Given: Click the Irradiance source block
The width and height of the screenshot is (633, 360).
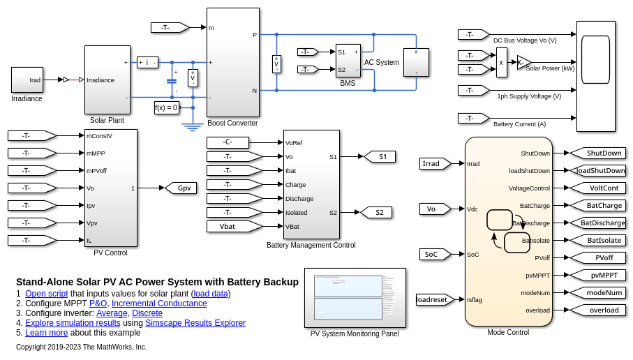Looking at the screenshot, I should pyautogui.click(x=27, y=80).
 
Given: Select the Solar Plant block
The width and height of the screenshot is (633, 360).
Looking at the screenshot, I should pyautogui.click(x=107, y=80).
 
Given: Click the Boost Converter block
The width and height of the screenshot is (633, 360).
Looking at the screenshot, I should pyautogui.click(x=232, y=62).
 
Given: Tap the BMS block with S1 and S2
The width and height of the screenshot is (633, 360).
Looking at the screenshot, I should pyautogui.click(x=348, y=61).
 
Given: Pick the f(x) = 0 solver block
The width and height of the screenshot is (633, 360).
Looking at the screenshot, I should pyautogui.click(x=166, y=107).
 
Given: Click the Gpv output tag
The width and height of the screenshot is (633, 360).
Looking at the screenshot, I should pyautogui.click(x=181, y=188).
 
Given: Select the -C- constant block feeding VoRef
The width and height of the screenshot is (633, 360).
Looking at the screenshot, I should pyautogui.click(x=228, y=142).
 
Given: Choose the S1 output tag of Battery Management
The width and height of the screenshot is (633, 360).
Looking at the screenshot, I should pyautogui.click(x=380, y=156).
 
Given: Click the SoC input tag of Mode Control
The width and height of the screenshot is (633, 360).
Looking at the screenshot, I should pyautogui.click(x=434, y=254).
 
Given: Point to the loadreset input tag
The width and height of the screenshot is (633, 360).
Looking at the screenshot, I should pyautogui.click(x=434, y=299).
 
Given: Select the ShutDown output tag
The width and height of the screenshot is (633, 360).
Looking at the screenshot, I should pyautogui.click(x=599, y=153).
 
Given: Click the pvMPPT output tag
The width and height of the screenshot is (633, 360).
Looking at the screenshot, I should pyautogui.click(x=599, y=275).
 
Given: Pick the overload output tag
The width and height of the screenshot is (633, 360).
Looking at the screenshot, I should pyautogui.click(x=599, y=310).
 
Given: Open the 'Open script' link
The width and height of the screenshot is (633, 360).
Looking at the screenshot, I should pyautogui.click(x=46, y=294).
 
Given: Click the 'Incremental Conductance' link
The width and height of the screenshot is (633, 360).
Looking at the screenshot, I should pyautogui.click(x=159, y=303).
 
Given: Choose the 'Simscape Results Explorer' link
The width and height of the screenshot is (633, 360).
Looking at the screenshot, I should pyautogui.click(x=195, y=323).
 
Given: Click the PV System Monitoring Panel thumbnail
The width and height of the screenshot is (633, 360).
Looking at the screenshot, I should pyautogui.click(x=355, y=297).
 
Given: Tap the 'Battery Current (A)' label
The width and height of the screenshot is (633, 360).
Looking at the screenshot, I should pyautogui.click(x=520, y=124).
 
